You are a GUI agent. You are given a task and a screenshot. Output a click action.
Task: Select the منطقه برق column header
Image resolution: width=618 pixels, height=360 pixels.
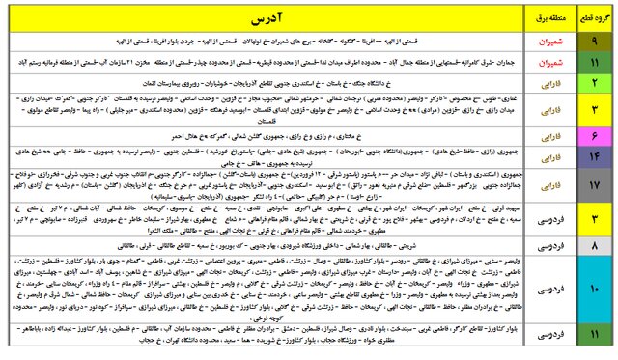(542, 17)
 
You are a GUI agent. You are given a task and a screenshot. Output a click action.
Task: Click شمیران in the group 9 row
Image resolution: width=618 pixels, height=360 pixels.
(542, 42)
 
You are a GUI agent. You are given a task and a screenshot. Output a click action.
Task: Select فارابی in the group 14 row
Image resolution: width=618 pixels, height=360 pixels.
(542, 155)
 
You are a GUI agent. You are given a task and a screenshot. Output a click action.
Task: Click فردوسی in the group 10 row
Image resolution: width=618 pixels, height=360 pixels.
(542, 291)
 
